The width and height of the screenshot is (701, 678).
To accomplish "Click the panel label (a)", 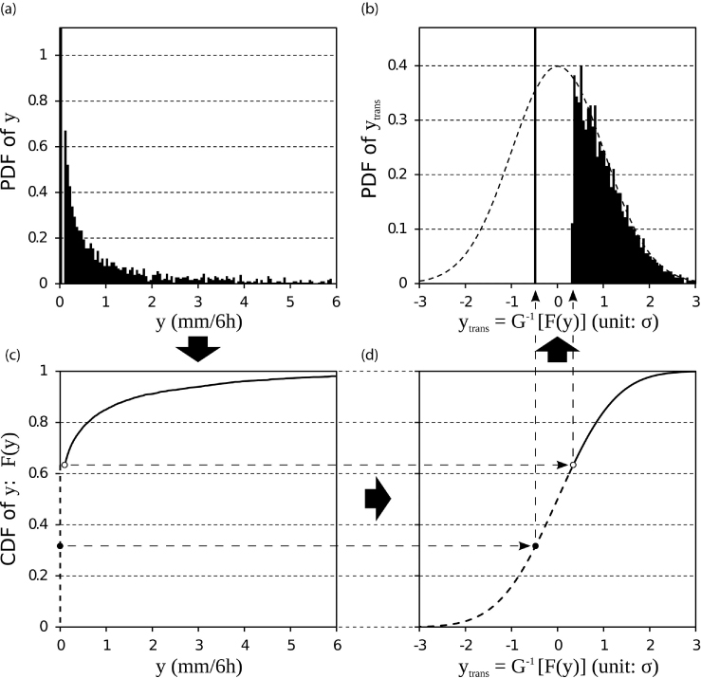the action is (x=9, y=9).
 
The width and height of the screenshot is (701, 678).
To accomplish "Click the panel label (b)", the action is (x=369, y=9).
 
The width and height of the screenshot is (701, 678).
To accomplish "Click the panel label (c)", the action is (x=11, y=355).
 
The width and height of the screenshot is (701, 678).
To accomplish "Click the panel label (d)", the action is (x=369, y=355).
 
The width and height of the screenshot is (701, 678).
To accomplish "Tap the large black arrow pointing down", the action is (x=198, y=348).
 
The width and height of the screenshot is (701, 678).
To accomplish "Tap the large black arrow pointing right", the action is (x=378, y=499).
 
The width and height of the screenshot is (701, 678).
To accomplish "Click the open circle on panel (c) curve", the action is (x=65, y=465).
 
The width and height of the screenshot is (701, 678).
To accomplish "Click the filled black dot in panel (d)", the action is (x=535, y=545).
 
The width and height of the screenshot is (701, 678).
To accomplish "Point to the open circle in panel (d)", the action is (x=573, y=465).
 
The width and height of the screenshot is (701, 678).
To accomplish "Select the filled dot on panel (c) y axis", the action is (x=60, y=545).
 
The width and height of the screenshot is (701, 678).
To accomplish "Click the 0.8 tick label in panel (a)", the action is (x=38, y=101).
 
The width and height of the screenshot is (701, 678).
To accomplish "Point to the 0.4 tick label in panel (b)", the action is (x=397, y=65).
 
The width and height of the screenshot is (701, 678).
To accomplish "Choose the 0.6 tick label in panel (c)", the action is (x=38, y=474).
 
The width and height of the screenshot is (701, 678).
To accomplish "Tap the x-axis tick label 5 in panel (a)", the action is (x=290, y=302).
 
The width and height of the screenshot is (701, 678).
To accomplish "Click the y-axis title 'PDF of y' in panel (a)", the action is (x=9, y=152).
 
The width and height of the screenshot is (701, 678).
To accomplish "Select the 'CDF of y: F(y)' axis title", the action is (x=9, y=499).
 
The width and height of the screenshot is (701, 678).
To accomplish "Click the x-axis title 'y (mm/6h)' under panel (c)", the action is (x=199, y=667).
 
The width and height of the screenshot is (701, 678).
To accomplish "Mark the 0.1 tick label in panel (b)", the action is (x=397, y=229).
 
